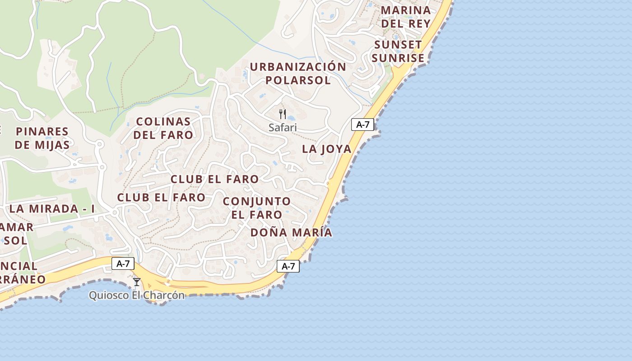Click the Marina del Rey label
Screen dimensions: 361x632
[406, 17]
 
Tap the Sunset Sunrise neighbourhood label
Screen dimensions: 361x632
[398, 51]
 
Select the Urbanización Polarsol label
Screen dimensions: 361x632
[298, 74]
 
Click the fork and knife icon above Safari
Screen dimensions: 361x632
[283, 114]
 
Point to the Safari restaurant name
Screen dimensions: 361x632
[283, 128]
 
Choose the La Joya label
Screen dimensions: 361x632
[326, 149]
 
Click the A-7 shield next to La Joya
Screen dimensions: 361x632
[362, 125]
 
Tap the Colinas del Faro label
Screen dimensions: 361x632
[163, 128]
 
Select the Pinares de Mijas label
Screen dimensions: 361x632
[42, 138]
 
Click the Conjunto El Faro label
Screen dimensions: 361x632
[257, 208]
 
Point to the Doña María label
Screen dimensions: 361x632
[291, 233]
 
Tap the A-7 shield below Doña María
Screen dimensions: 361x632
[288, 266]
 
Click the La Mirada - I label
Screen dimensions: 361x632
[52, 209]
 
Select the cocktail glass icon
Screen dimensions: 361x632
[137, 282]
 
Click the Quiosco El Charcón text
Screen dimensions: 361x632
[137, 296]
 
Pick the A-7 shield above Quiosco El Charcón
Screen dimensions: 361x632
[123, 264]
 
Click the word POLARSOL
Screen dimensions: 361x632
[298, 80]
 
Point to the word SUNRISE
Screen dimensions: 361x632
[398, 58]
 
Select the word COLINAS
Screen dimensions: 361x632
[163, 121]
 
